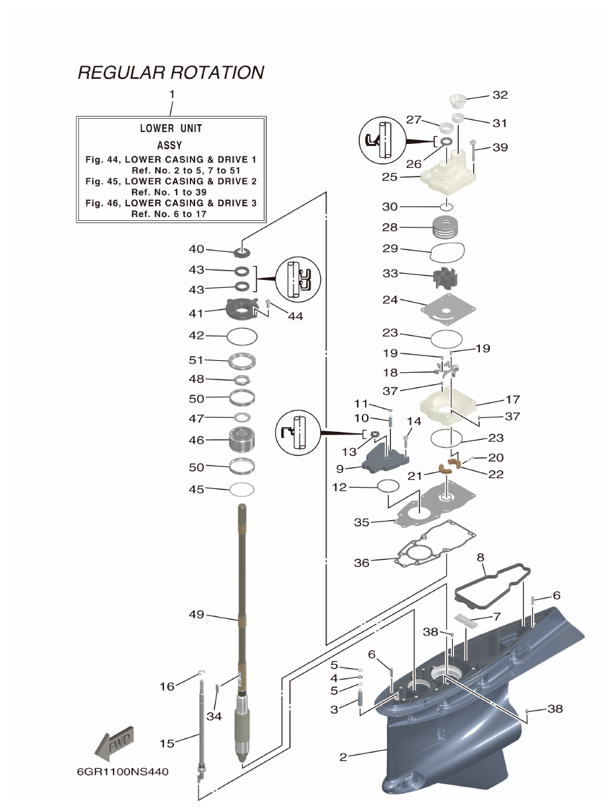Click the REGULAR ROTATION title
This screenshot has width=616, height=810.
[x=171, y=72]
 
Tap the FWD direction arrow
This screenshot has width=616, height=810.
[x=116, y=740]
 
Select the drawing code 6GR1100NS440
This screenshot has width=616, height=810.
[x=123, y=772]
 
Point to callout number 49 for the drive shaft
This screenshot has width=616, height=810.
[x=196, y=614]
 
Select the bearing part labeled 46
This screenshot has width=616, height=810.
[x=243, y=441]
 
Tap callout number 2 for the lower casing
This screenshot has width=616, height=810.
[x=343, y=757]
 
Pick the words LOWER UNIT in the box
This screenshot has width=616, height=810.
[x=171, y=128]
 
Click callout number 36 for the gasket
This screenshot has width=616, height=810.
[x=361, y=563]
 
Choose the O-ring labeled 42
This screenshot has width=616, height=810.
[x=242, y=337]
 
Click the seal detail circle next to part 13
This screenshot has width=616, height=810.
[x=297, y=433]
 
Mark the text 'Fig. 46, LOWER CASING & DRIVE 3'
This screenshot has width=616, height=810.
[x=171, y=203]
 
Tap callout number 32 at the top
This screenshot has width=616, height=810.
[x=500, y=95]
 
